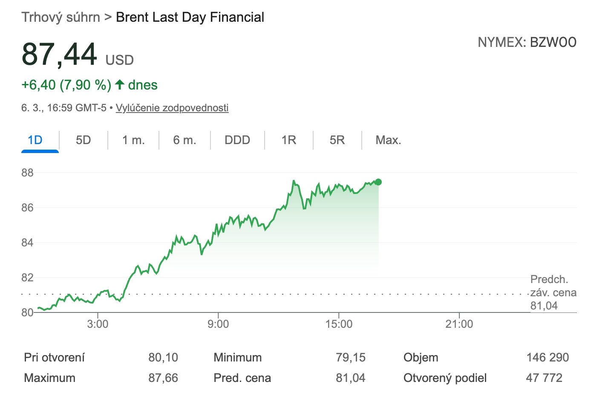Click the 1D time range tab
(x=35, y=140)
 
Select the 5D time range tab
(x=84, y=140)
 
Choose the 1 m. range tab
(x=133, y=140)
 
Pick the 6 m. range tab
(x=184, y=140)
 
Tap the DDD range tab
(x=237, y=140)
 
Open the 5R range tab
(x=337, y=140)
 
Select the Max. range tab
(x=388, y=140)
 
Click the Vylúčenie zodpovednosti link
(x=172, y=108)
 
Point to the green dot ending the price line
(x=378, y=182)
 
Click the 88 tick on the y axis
(x=27, y=173)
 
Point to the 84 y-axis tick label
(x=27, y=243)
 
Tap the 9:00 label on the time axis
(x=218, y=324)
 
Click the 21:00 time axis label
(x=459, y=324)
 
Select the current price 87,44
(x=60, y=55)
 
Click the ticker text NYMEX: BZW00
(x=527, y=42)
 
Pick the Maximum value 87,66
(x=163, y=378)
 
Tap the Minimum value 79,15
(x=350, y=358)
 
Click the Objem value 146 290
(x=548, y=358)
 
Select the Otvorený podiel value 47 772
(x=544, y=378)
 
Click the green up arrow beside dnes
(x=120, y=84)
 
